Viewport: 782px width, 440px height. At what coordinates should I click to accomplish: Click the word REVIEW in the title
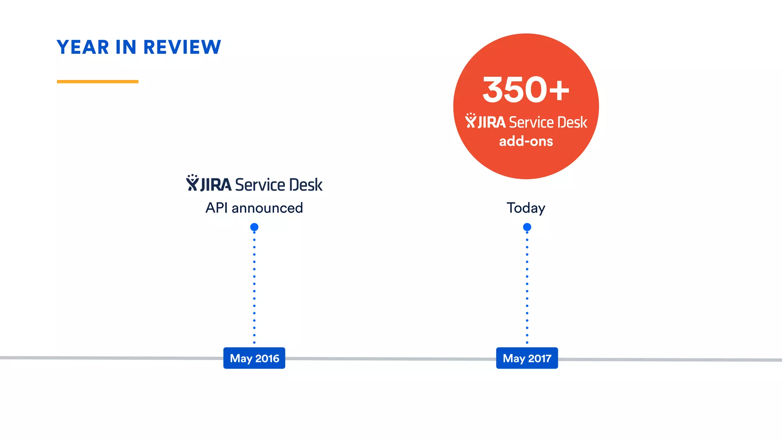(x=182, y=47)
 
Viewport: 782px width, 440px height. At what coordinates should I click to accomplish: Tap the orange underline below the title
(x=97, y=81)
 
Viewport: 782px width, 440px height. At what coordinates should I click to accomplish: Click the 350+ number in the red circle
(x=526, y=90)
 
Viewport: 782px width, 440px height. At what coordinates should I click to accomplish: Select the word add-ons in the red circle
(x=526, y=141)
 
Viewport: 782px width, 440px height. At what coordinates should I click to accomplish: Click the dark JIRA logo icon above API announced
(x=192, y=183)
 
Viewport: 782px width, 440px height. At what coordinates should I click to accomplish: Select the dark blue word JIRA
(x=216, y=185)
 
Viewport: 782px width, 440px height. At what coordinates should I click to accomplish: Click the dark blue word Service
(x=260, y=185)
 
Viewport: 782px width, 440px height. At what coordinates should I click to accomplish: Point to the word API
(x=217, y=208)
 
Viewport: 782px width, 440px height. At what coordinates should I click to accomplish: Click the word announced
(x=267, y=208)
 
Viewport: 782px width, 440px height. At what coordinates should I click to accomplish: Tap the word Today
(x=526, y=208)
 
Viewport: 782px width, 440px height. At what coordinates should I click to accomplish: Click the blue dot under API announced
(x=254, y=227)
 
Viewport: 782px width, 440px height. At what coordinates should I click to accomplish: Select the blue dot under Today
(x=527, y=227)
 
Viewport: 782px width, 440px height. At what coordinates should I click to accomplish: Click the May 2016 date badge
(x=254, y=358)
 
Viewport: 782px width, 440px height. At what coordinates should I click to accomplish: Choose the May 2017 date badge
(x=527, y=358)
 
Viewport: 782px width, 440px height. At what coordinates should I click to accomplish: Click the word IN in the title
(x=126, y=47)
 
